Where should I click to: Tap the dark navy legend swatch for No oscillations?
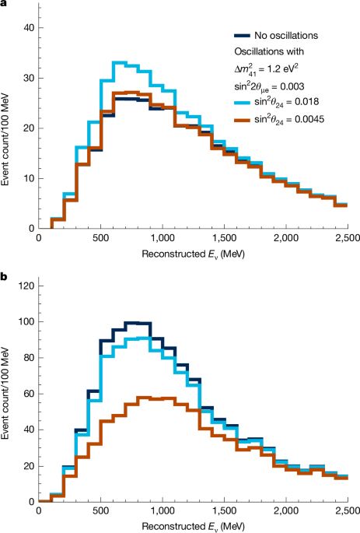click(x=243, y=35)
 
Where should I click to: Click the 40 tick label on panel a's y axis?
click(x=29, y=28)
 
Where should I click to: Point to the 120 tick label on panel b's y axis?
click(x=26, y=286)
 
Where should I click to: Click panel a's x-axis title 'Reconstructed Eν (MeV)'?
click(x=192, y=254)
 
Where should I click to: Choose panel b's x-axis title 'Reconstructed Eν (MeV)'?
click(x=192, y=526)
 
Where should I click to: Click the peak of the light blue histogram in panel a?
click(x=119, y=62)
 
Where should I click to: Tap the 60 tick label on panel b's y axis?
click(x=29, y=394)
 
